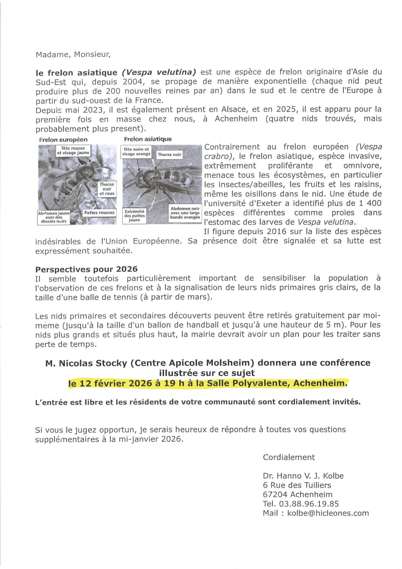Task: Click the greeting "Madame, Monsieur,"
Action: click(x=73, y=54)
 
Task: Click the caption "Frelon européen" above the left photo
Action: click(x=63, y=139)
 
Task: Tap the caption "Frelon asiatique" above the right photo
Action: click(x=148, y=139)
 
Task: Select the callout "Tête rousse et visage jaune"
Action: click(x=73, y=151)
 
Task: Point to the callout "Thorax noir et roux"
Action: click(x=107, y=189)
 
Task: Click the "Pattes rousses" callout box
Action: click(x=99, y=213)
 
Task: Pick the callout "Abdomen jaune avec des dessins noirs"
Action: click(x=54, y=217)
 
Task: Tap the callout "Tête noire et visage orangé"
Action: click(x=136, y=151)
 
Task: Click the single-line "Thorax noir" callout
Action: click(x=169, y=154)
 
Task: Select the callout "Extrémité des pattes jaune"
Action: click(x=134, y=216)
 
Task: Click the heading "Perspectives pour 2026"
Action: click(x=86, y=269)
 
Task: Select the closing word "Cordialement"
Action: click(x=289, y=457)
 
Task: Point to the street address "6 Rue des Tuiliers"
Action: click(x=297, y=485)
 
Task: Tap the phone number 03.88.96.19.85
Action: click(x=309, y=504)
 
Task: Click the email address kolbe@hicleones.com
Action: click(x=328, y=513)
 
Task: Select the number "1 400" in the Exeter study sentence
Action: click(x=370, y=203)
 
